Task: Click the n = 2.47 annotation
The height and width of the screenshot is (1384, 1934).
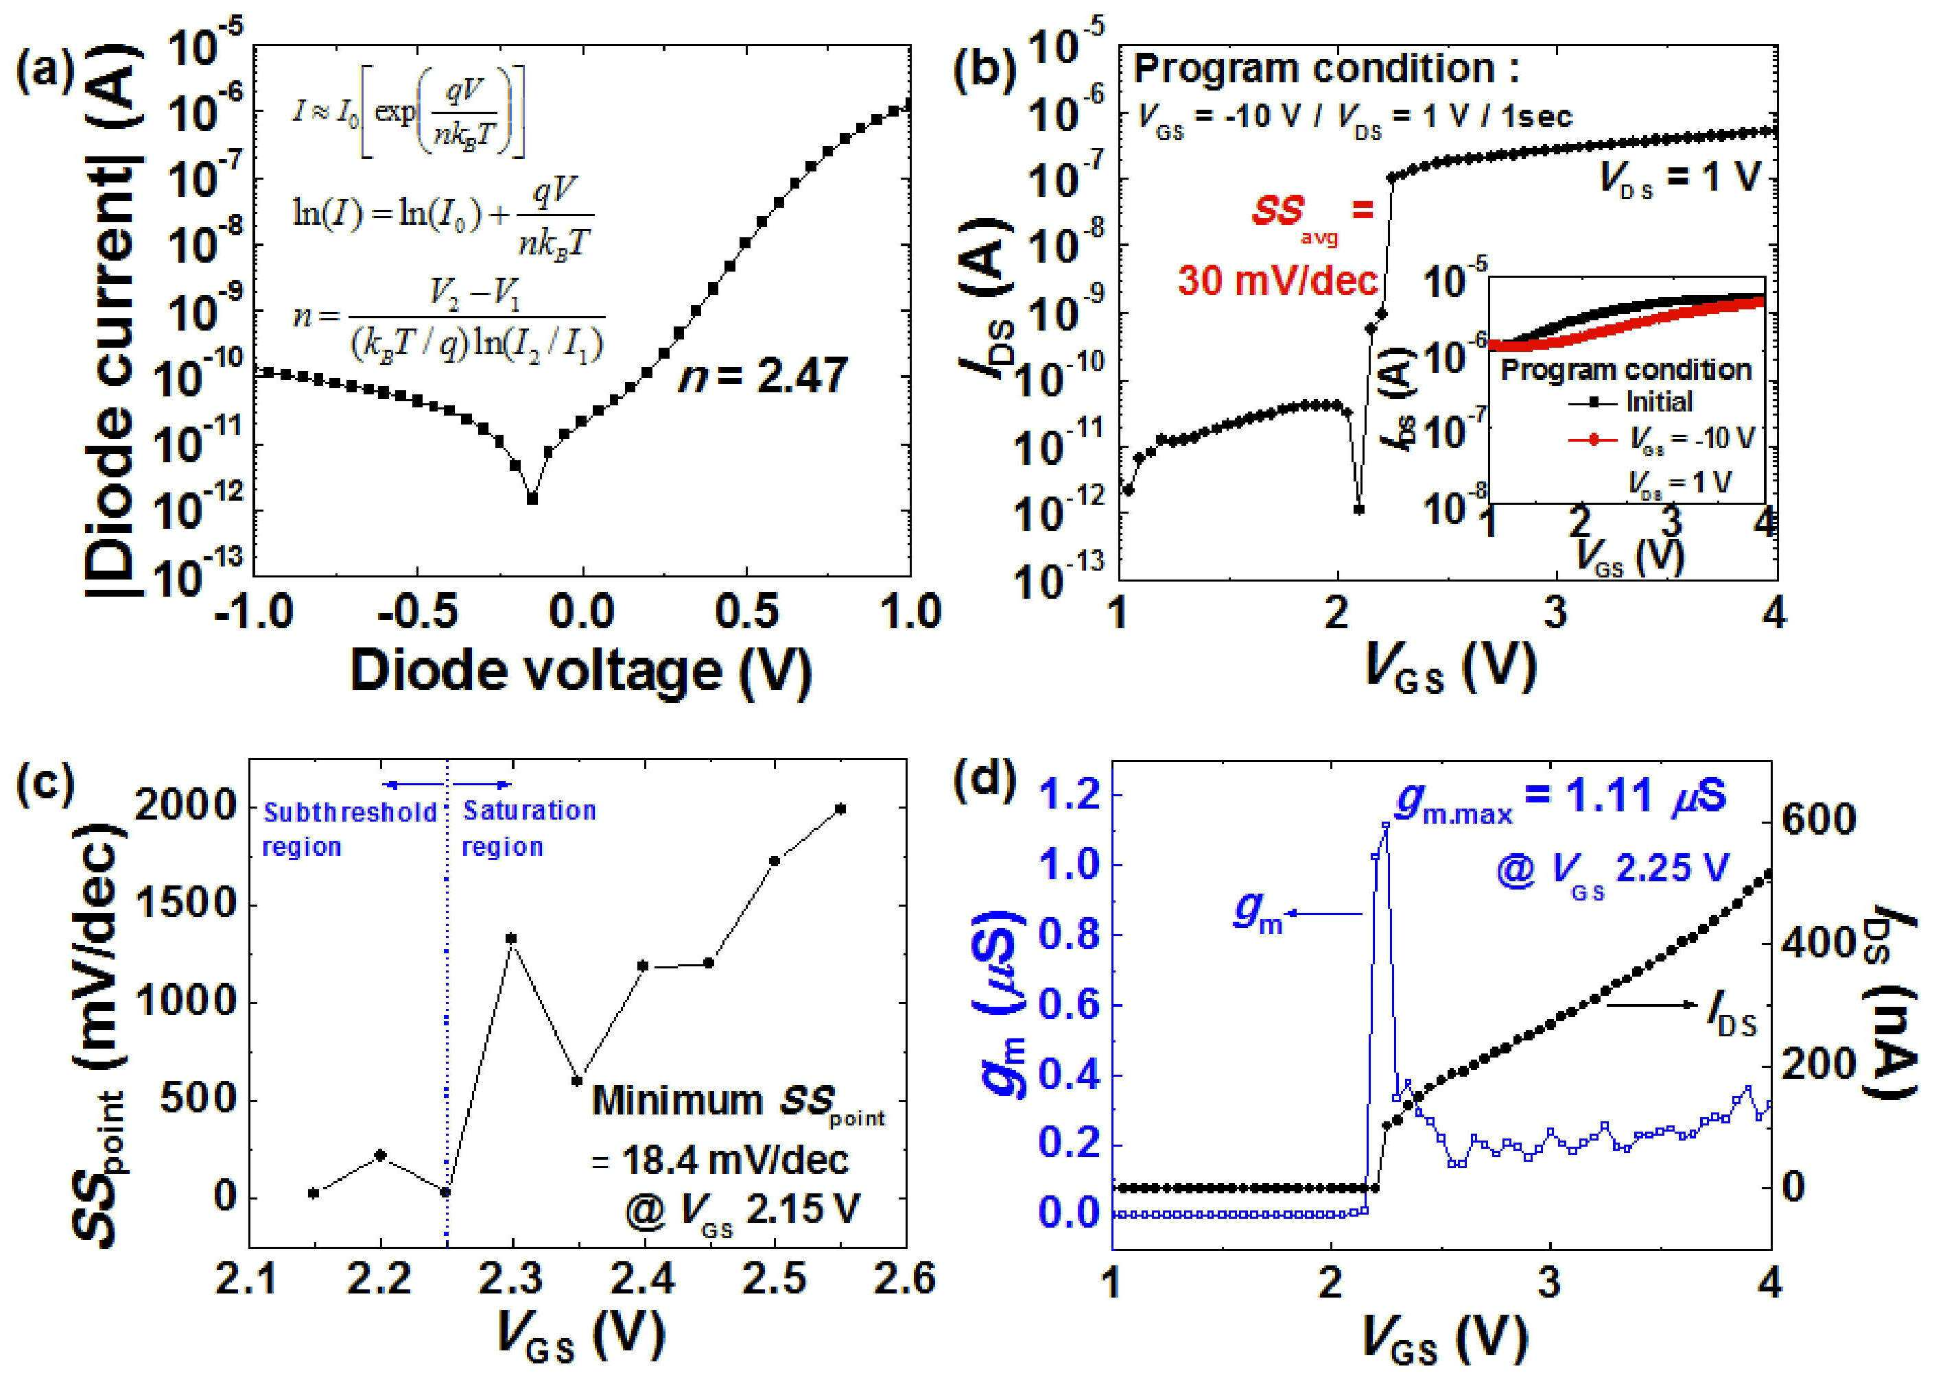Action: (763, 375)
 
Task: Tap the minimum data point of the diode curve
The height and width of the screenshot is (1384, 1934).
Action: (532, 499)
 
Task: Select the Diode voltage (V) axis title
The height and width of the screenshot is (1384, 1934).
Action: (581, 671)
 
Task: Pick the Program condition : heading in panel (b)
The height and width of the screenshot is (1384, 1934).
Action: (1326, 68)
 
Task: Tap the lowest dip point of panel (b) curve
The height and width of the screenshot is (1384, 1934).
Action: (1360, 510)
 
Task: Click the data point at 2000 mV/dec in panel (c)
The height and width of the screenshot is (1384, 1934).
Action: (840, 808)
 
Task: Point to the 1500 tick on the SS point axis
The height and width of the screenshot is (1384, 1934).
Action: (186, 903)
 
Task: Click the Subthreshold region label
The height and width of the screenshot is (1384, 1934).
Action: (349, 829)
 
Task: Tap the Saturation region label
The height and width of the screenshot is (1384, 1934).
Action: (528, 829)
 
